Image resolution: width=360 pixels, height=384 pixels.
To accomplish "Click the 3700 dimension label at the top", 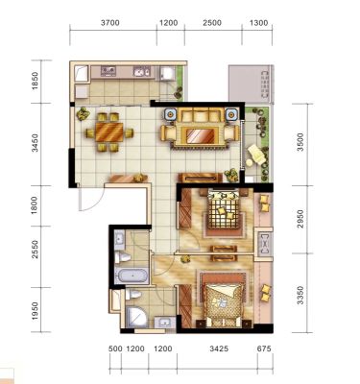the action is (x=109, y=23).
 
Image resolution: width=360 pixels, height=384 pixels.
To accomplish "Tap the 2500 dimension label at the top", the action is (x=212, y=23).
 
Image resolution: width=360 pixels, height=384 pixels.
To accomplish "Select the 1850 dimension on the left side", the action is (x=35, y=82).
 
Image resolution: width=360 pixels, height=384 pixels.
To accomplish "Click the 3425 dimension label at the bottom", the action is (x=219, y=348).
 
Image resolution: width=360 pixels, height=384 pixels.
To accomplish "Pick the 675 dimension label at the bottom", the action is (x=264, y=348).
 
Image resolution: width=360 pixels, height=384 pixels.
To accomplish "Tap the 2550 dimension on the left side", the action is (x=35, y=250).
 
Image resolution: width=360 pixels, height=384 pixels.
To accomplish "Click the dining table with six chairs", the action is (x=109, y=132).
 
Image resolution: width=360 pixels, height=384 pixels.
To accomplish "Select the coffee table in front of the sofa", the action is (x=201, y=135).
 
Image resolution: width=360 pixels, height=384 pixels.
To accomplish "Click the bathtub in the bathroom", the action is (x=132, y=276).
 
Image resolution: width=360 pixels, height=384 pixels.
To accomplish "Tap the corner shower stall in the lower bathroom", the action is (x=136, y=317).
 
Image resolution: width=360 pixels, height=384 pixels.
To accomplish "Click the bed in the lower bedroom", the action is (x=223, y=300).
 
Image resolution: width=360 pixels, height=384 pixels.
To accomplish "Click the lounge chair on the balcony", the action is (x=256, y=155).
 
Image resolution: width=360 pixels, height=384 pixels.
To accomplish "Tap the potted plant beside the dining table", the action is (x=83, y=113).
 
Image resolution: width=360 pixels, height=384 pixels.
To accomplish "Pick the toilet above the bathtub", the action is (x=123, y=257).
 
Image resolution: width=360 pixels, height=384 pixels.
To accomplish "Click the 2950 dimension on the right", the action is (x=300, y=219).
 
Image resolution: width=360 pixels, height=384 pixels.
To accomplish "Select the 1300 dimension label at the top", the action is (x=258, y=23).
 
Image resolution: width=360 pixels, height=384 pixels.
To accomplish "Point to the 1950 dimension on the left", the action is (x=35, y=310).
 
